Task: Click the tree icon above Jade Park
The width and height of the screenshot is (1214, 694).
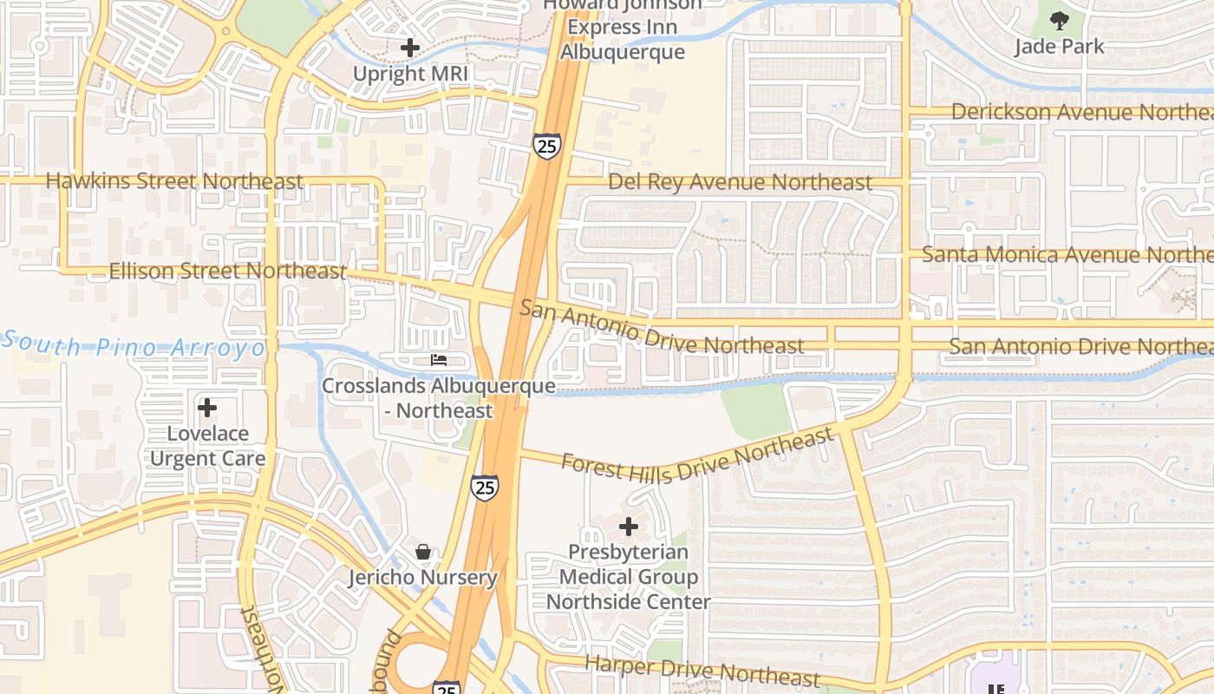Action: click(x=1059, y=20)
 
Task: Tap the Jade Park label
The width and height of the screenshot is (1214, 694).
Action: click(x=1059, y=46)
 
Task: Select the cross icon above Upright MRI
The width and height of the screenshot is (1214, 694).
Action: click(x=410, y=48)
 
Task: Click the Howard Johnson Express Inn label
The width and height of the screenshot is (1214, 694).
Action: click(x=622, y=29)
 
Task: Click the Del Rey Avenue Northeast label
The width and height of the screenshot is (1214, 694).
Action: click(x=740, y=182)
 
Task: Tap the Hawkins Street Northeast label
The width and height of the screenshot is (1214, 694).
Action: click(x=174, y=181)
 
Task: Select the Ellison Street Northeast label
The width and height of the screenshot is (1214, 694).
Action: click(x=227, y=272)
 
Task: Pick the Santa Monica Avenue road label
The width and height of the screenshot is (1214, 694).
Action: click(x=1067, y=255)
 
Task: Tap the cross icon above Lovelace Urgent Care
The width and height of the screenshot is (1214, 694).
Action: click(x=207, y=407)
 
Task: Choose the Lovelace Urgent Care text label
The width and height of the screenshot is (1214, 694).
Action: click(x=207, y=446)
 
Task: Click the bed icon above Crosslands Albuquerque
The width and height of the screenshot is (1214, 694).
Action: click(x=439, y=359)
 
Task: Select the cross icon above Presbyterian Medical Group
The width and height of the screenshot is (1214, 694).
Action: click(x=629, y=526)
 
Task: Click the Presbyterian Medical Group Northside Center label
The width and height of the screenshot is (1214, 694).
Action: click(x=629, y=577)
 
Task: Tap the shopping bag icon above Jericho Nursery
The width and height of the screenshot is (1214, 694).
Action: click(x=423, y=552)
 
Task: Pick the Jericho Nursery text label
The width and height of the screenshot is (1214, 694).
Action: click(x=423, y=577)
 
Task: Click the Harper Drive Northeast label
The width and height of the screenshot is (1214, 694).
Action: click(x=702, y=671)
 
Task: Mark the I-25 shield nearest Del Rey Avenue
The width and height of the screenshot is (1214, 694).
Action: click(x=547, y=146)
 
